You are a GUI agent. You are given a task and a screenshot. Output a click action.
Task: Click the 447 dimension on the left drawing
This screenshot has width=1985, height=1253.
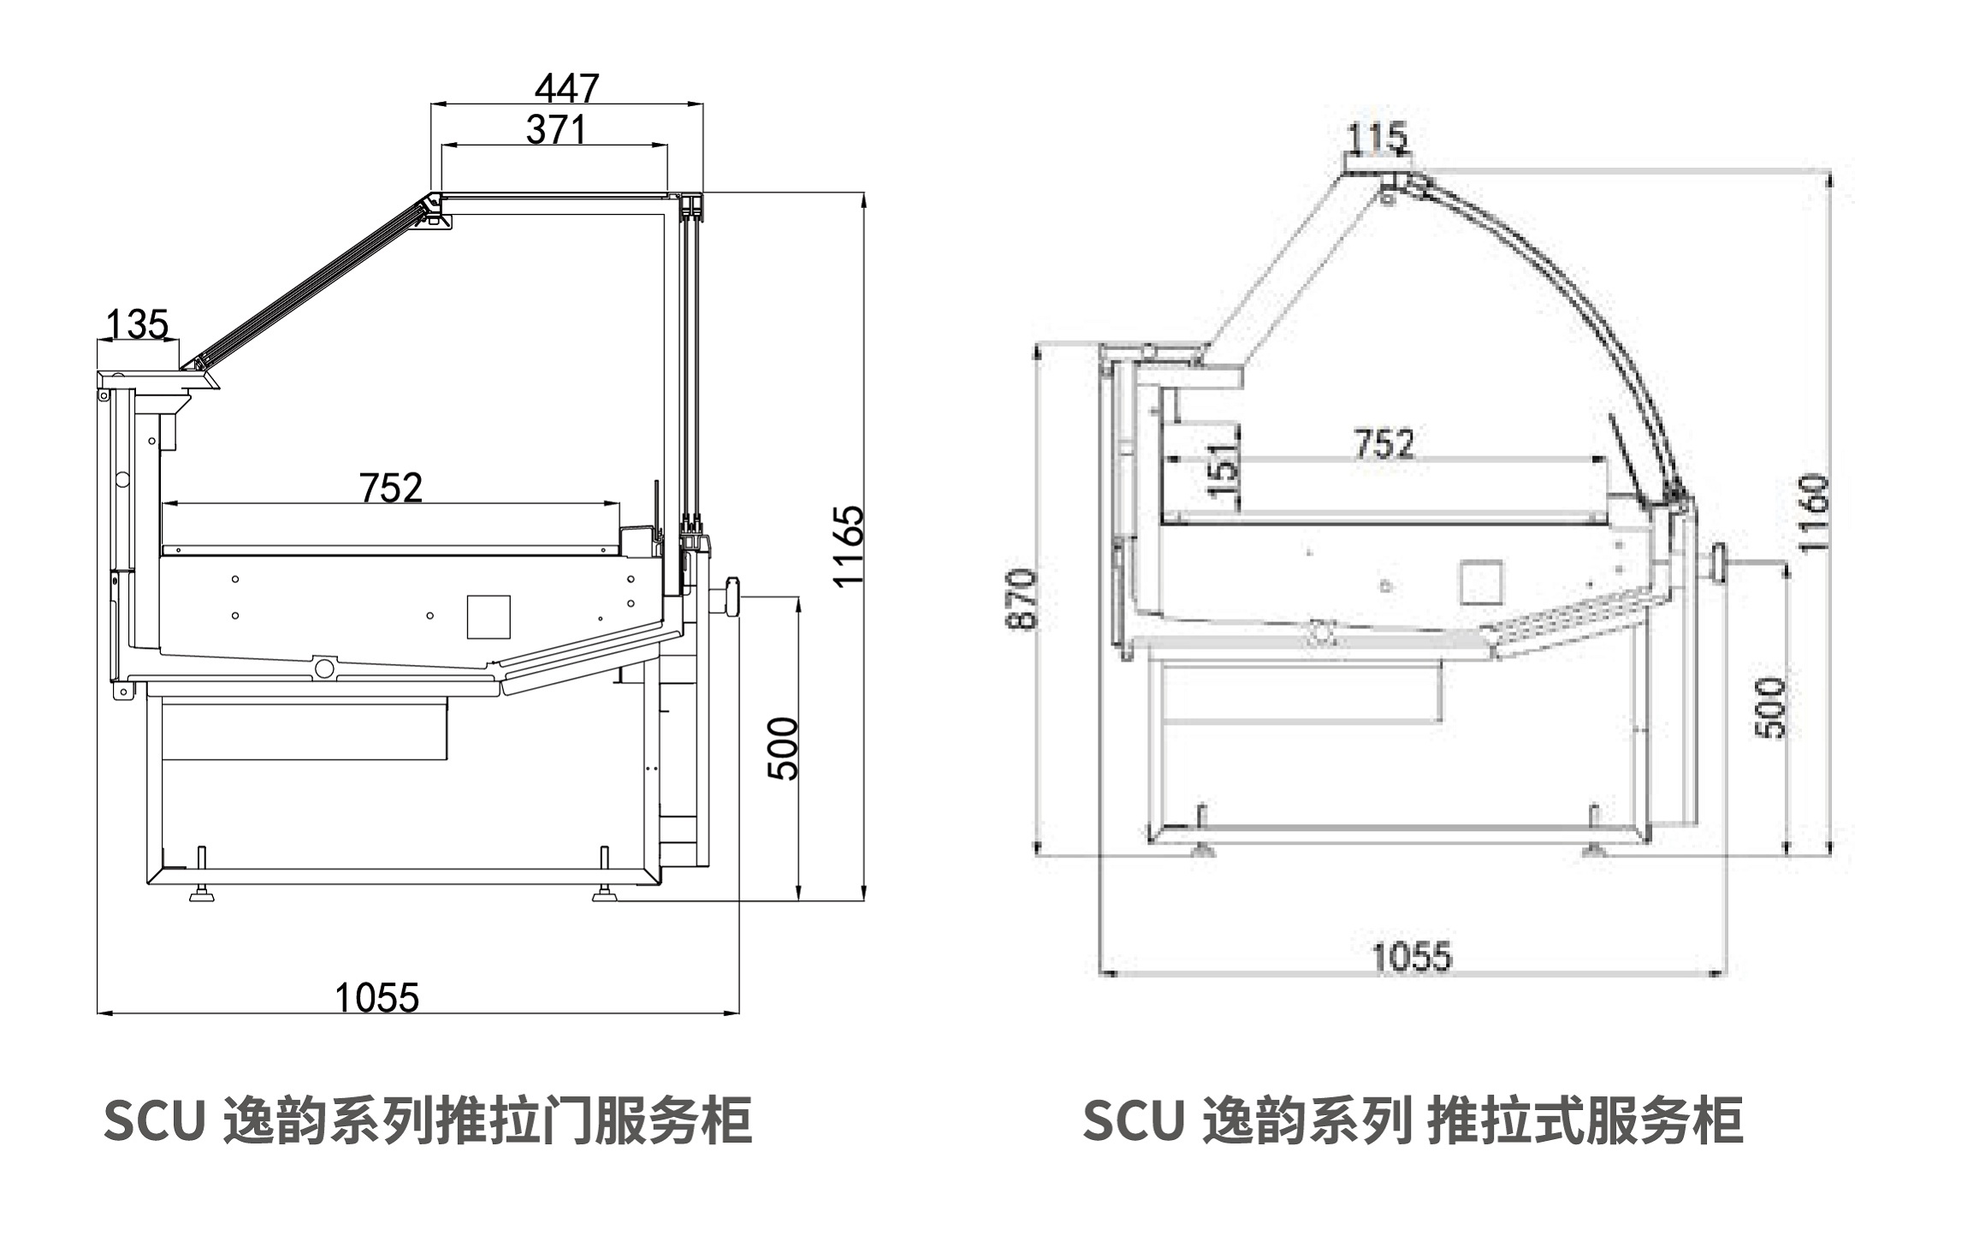pos(566,87)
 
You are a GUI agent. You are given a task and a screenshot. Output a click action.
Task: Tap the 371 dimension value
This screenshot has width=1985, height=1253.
pos(555,130)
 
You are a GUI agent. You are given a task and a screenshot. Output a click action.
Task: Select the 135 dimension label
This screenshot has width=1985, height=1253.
pos(137,325)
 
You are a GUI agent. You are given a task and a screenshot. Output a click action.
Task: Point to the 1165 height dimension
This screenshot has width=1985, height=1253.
pos(849,546)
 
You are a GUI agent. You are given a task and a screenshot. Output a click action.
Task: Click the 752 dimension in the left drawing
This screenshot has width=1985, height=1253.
pos(391,488)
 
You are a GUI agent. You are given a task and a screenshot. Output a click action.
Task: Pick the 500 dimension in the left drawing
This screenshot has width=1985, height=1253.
pos(783,749)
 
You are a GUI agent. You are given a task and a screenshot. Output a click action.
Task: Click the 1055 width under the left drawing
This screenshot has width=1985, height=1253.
pos(376,998)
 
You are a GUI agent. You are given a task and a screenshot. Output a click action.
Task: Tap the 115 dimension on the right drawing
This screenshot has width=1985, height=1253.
pos(1377,137)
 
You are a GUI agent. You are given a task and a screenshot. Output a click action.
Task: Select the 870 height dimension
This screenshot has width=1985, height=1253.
pos(1022,599)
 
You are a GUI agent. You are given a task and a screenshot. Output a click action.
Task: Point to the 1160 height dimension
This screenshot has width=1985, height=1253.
pos(1813,514)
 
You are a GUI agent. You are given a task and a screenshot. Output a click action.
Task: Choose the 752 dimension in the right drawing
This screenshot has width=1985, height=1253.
pos(1384,443)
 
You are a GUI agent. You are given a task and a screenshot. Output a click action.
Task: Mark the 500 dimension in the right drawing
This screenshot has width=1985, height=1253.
pos(1770,708)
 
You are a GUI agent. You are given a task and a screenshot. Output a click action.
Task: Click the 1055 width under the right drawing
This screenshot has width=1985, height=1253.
pos(1412,957)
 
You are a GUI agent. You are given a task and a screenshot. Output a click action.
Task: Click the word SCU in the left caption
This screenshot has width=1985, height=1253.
pos(154,1121)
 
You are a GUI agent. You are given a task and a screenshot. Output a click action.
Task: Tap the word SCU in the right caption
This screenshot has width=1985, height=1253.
pos(1133,1121)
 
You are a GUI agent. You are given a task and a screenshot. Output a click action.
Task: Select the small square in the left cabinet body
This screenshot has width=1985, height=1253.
pos(489,616)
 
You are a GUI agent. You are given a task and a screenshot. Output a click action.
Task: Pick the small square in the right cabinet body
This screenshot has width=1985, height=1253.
pos(1481,582)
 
